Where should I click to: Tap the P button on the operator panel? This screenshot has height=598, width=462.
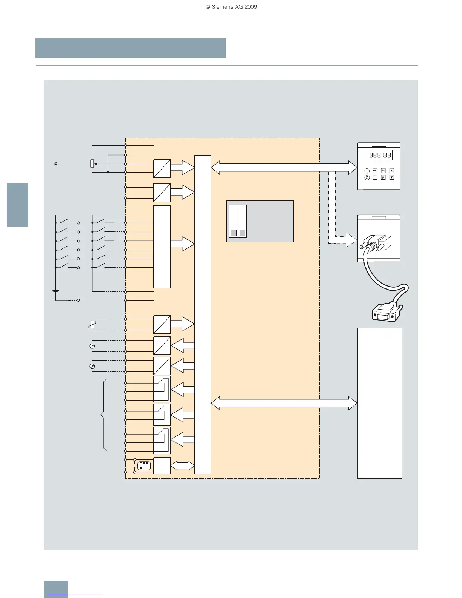pyautogui.click(x=383, y=177)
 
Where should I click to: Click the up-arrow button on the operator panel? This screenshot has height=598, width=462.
pyautogui.click(x=391, y=171)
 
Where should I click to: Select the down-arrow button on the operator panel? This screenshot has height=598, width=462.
pyautogui.click(x=391, y=177)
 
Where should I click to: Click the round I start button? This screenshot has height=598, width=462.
pyautogui.click(x=367, y=171)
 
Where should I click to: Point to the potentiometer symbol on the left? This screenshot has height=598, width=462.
pyautogui.click(x=92, y=163)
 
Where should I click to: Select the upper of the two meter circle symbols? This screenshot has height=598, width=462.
pyautogui.click(x=92, y=346)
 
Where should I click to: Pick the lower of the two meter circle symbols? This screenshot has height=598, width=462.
pyautogui.click(x=92, y=366)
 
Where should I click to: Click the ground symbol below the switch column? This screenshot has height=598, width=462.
pyautogui.click(x=55, y=291)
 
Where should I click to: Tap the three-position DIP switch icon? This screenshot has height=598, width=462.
pyautogui.click(x=144, y=466)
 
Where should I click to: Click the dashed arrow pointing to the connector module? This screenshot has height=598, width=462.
pyautogui.click(x=342, y=240)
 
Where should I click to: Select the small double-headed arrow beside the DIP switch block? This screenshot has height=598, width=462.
pyautogui.click(x=182, y=466)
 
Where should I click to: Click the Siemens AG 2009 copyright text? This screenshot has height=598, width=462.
pyautogui.click(x=231, y=7)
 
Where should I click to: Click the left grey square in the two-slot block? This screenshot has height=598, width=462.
pyautogui.click(x=234, y=233)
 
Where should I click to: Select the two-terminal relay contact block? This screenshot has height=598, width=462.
pyautogui.click(x=162, y=415)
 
